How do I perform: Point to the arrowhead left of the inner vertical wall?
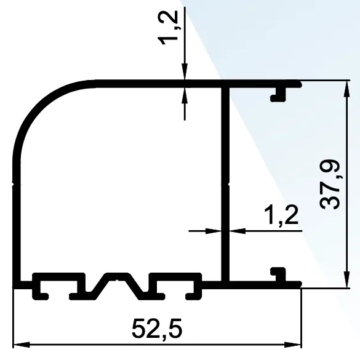[x=216, y=231]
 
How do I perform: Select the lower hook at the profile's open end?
[x=279, y=272]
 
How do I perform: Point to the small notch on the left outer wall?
[x=14, y=182]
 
